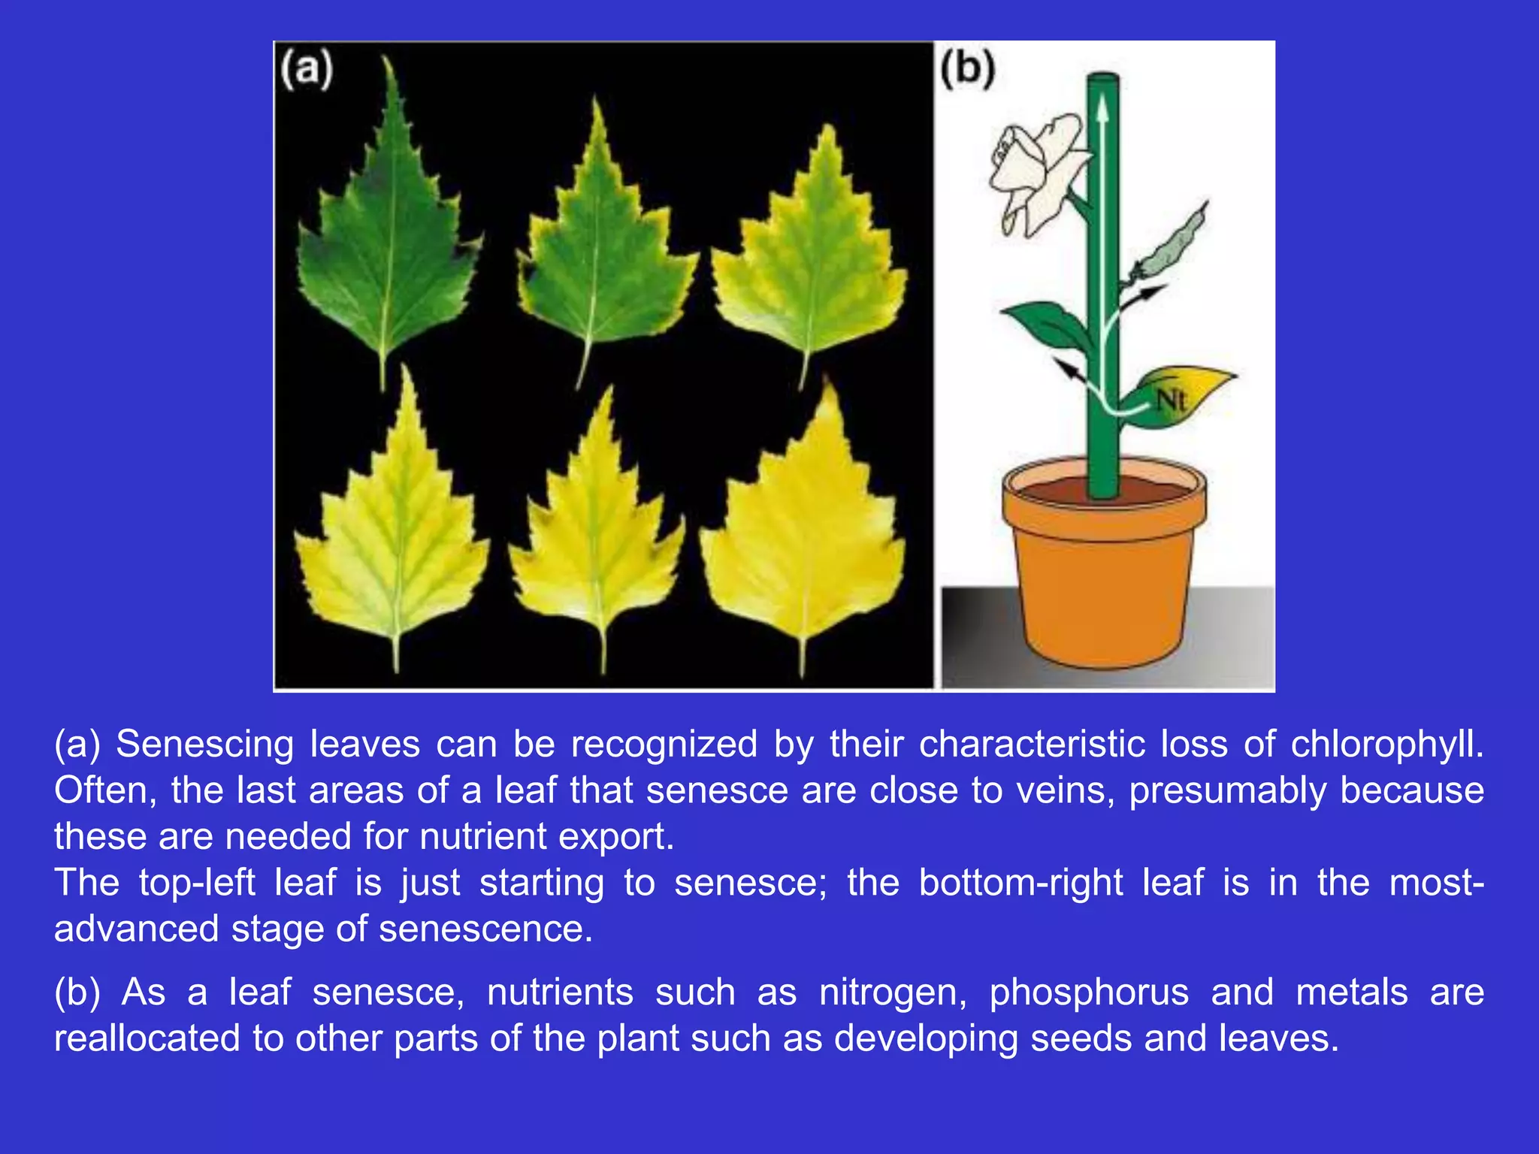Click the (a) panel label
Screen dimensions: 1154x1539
point(307,70)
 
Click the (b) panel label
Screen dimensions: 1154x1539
point(968,70)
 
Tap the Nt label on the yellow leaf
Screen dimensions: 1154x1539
point(1171,400)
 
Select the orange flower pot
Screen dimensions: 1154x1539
point(1105,571)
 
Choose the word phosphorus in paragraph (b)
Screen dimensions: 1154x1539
point(1089,992)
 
